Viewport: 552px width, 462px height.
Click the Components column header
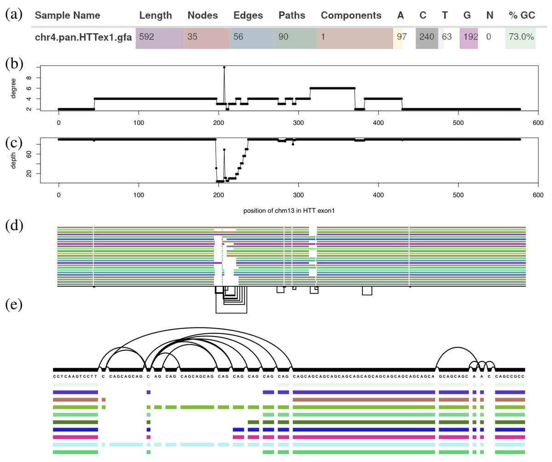[351, 15]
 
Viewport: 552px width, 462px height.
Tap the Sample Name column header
[68, 15]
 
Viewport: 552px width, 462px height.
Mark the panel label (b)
[14, 64]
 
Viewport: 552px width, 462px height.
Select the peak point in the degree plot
[224, 68]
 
